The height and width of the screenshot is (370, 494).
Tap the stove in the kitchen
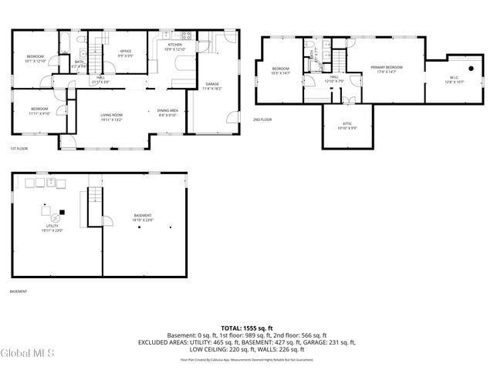(185, 35)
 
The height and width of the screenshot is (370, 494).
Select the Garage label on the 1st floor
(212, 86)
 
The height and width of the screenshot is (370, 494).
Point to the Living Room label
(111, 117)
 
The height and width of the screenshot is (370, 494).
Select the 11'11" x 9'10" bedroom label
(39, 111)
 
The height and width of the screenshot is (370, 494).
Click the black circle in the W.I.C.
(469, 67)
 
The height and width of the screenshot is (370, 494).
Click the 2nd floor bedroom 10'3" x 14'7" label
(280, 71)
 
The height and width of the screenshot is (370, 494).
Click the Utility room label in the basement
(52, 227)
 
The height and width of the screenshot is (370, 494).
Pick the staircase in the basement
(95, 207)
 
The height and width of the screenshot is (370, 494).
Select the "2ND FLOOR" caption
(262, 119)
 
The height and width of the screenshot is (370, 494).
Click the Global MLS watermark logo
(28, 353)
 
